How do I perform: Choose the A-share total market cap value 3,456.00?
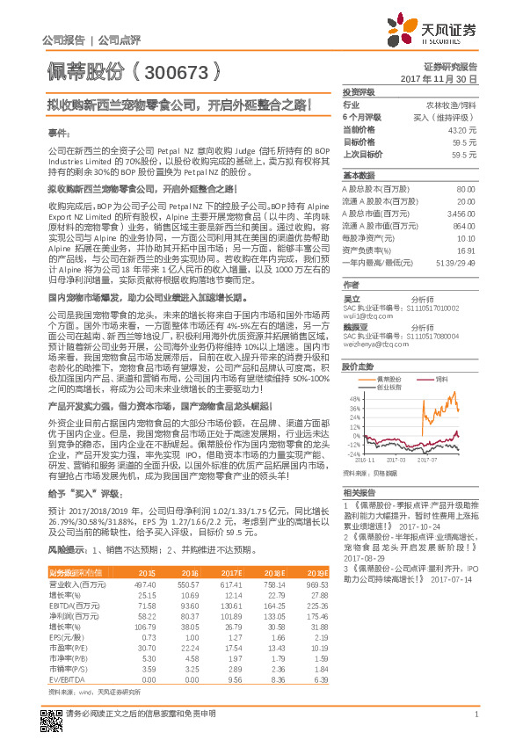click(461, 213)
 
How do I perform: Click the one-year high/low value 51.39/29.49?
click(455, 263)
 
